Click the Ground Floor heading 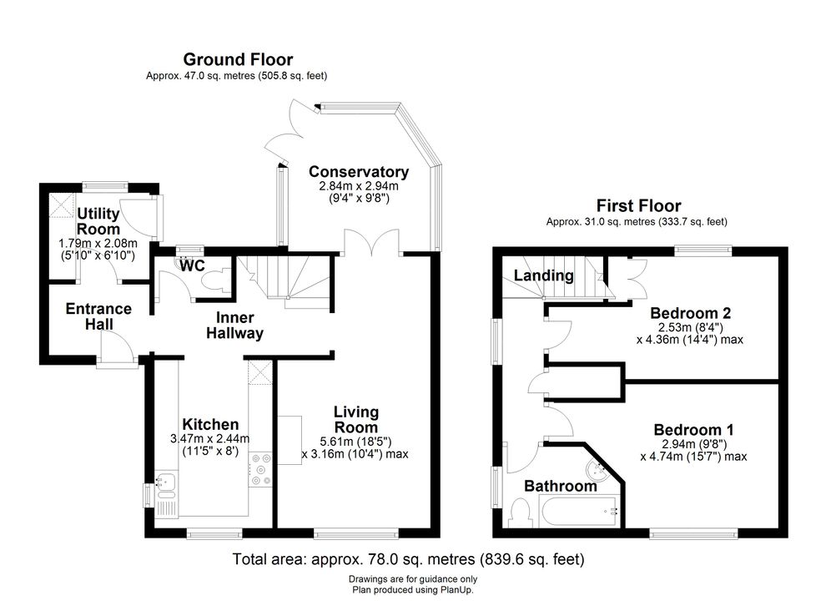(238, 59)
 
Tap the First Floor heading (638, 205)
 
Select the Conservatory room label (359, 172)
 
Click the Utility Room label (98, 221)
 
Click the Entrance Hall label (98, 316)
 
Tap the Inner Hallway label (235, 326)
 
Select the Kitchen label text (210, 424)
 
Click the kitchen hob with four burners (260, 469)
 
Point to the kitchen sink (167, 486)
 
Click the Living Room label (356, 420)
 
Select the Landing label (544, 275)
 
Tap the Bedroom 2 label (691, 313)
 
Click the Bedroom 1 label (694, 430)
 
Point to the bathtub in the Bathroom (578, 512)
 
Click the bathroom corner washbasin (598, 470)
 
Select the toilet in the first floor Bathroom (521, 513)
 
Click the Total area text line (409, 558)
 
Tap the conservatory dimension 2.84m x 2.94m (359, 186)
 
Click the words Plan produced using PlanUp (413, 590)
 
